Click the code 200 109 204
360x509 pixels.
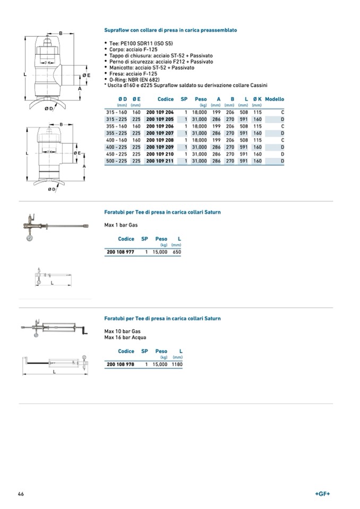coord(160,113)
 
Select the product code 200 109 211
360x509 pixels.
coord(160,161)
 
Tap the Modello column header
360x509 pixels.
coord(275,99)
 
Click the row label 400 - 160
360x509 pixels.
coord(116,140)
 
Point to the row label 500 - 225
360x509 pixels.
coord(116,161)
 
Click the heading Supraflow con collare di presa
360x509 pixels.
coord(170,30)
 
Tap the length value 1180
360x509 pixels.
coord(177,365)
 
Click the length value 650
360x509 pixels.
coord(176,252)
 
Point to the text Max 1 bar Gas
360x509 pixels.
coord(121,225)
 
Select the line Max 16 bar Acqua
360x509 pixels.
coord(125,337)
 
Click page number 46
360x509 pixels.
coord(21,494)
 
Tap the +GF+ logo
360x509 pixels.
coord(322,494)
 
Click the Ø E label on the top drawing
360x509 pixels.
coord(86,75)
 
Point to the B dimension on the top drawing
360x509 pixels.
coord(61,33)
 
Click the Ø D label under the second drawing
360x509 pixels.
coord(52,189)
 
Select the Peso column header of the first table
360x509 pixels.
coord(201,99)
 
